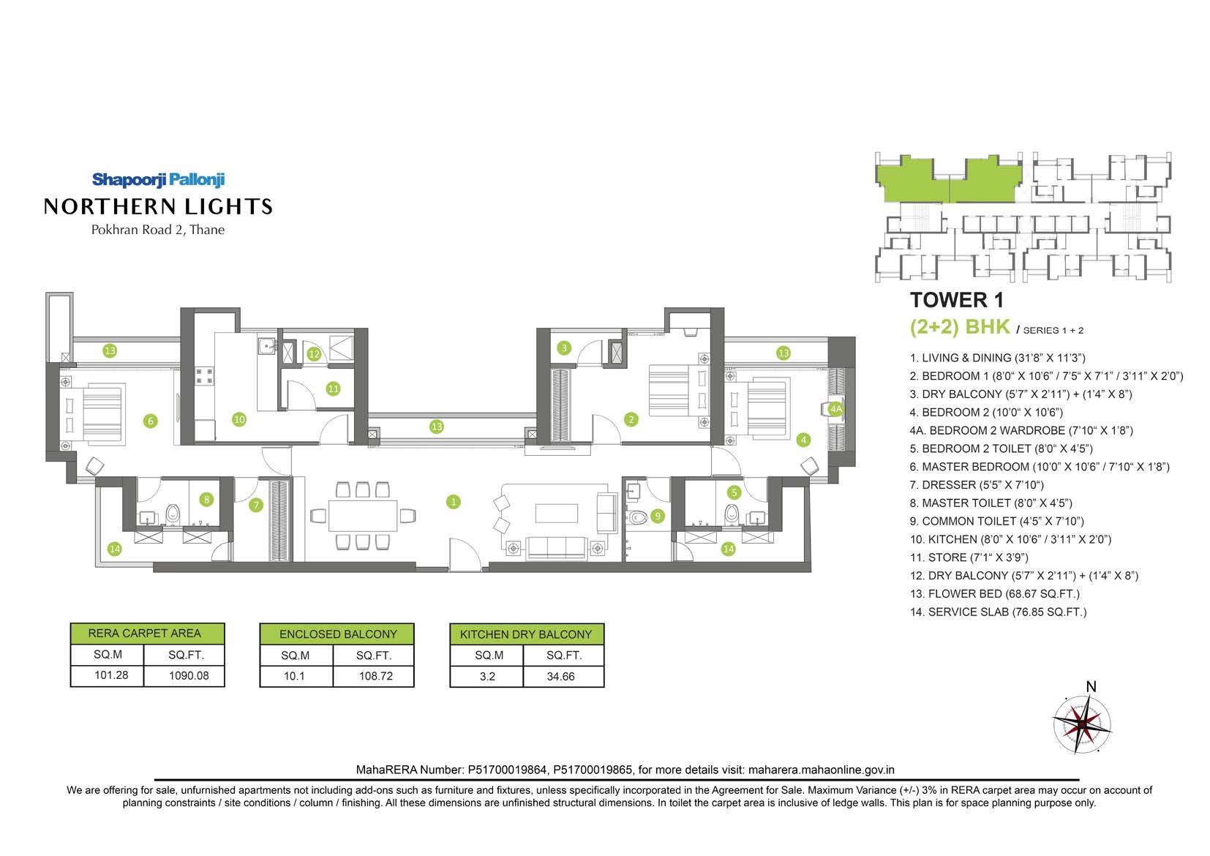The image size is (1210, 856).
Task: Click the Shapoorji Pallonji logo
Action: pos(158,180)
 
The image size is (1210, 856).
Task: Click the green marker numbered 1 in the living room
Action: pos(454,502)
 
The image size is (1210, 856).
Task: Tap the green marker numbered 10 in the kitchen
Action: pos(238,419)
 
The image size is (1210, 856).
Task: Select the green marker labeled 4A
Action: pos(835,409)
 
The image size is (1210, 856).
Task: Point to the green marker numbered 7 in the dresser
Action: pos(256,505)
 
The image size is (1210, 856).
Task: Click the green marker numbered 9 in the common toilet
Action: pos(658,516)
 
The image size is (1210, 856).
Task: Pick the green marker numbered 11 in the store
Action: pos(334,388)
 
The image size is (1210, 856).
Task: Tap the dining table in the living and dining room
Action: pos(363,516)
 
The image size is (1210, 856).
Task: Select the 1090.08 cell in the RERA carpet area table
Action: pos(189,675)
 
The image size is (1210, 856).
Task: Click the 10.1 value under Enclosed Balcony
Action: pos(294,676)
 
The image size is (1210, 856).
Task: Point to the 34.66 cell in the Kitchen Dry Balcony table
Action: pos(560,676)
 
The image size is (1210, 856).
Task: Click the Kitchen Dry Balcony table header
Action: pos(527,634)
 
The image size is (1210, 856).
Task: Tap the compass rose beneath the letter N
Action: pos(1082,724)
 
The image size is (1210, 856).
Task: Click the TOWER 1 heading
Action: pos(957,300)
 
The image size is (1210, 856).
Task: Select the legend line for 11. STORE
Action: pos(969,557)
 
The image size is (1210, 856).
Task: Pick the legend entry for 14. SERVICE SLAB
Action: pos(999,612)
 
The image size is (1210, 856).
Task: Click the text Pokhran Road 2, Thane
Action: pos(158,230)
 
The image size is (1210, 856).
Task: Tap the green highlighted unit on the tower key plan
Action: pos(948,180)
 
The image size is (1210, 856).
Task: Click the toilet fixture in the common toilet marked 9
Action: pos(637,517)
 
